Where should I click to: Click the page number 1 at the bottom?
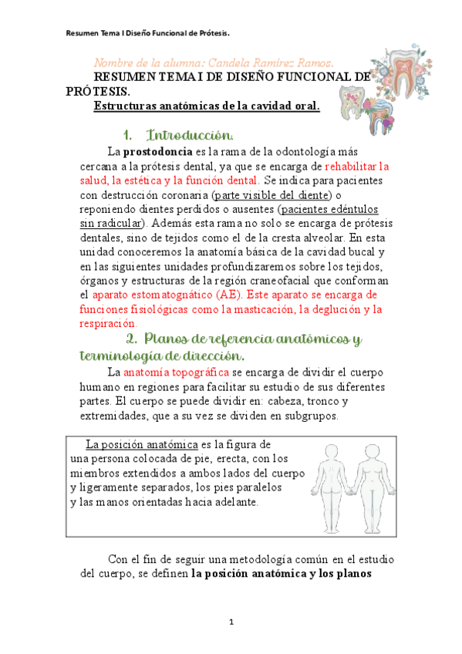[x=231, y=622]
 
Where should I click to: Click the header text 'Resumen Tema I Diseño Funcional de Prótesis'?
[x=148, y=33]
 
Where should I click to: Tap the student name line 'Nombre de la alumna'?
[x=214, y=62]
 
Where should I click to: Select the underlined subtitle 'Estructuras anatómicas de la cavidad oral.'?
[x=206, y=106]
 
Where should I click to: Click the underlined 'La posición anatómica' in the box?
[x=142, y=445]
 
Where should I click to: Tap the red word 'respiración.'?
[x=113, y=324]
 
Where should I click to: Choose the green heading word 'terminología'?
[x=120, y=356]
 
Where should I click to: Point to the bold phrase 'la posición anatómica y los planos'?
[x=282, y=574]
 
